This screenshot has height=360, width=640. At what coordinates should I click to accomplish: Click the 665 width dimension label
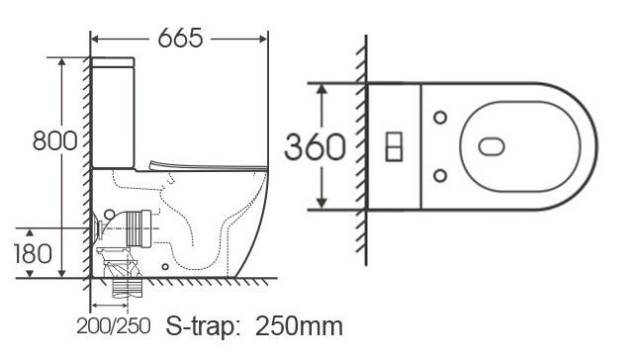click(x=180, y=39)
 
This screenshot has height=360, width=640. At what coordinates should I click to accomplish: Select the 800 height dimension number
click(x=54, y=140)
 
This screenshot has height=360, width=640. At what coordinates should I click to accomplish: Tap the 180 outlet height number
click(x=33, y=253)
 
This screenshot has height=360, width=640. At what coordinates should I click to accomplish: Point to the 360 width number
click(x=315, y=147)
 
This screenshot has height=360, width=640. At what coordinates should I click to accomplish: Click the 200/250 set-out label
click(x=114, y=326)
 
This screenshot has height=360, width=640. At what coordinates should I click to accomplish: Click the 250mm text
click(x=299, y=326)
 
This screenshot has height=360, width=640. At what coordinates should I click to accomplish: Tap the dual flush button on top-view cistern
click(x=394, y=146)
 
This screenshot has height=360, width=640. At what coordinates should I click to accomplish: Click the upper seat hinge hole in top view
click(x=440, y=118)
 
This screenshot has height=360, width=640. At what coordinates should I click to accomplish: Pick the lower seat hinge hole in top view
click(x=440, y=176)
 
